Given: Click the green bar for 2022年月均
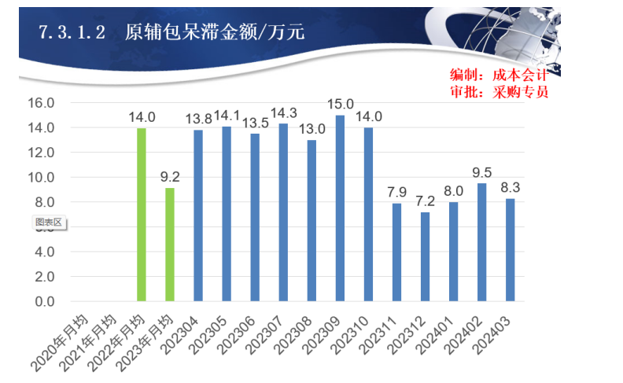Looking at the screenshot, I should click(x=142, y=214).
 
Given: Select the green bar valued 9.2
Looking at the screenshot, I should click(x=170, y=244).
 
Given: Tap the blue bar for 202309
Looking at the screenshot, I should click(x=340, y=208).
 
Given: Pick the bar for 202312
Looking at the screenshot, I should click(x=425, y=256).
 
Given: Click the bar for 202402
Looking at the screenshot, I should click(x=481, y=242).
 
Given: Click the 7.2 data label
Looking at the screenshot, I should click(x=425, y=201).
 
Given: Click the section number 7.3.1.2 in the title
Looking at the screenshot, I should click(x=72, y=32).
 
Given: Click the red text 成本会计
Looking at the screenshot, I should click(x=520, y=75).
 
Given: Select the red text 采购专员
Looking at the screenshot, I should click(x=520, y=91).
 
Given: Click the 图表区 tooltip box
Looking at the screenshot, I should click(x=49, y=223).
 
